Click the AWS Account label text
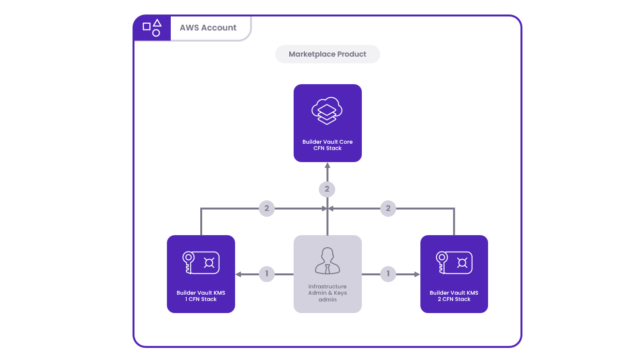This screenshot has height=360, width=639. (208, 28)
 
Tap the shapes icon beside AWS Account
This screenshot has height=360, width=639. (152, 28)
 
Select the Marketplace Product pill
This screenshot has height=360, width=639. (327, 54)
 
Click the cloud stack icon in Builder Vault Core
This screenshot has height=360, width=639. (327, 111)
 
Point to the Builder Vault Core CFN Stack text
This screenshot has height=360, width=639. (327, 145)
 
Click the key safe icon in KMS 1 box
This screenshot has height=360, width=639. (201, 263)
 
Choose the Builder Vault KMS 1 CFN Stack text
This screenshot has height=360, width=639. (201, 296)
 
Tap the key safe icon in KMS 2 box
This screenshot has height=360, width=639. (454, 263)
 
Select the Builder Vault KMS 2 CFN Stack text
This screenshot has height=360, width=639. (454, 296)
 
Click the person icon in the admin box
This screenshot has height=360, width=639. (327, 261)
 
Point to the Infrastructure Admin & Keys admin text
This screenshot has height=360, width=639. (327, 293)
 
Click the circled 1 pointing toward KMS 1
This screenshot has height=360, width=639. (267, 274)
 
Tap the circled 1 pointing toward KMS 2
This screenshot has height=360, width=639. (388, 274)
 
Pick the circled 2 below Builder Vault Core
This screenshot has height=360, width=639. (327, 189)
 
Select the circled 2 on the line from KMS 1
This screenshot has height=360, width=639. (267, 209)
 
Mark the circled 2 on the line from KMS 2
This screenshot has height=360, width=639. (388, 209)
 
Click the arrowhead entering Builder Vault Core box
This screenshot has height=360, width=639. (327, 165)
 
